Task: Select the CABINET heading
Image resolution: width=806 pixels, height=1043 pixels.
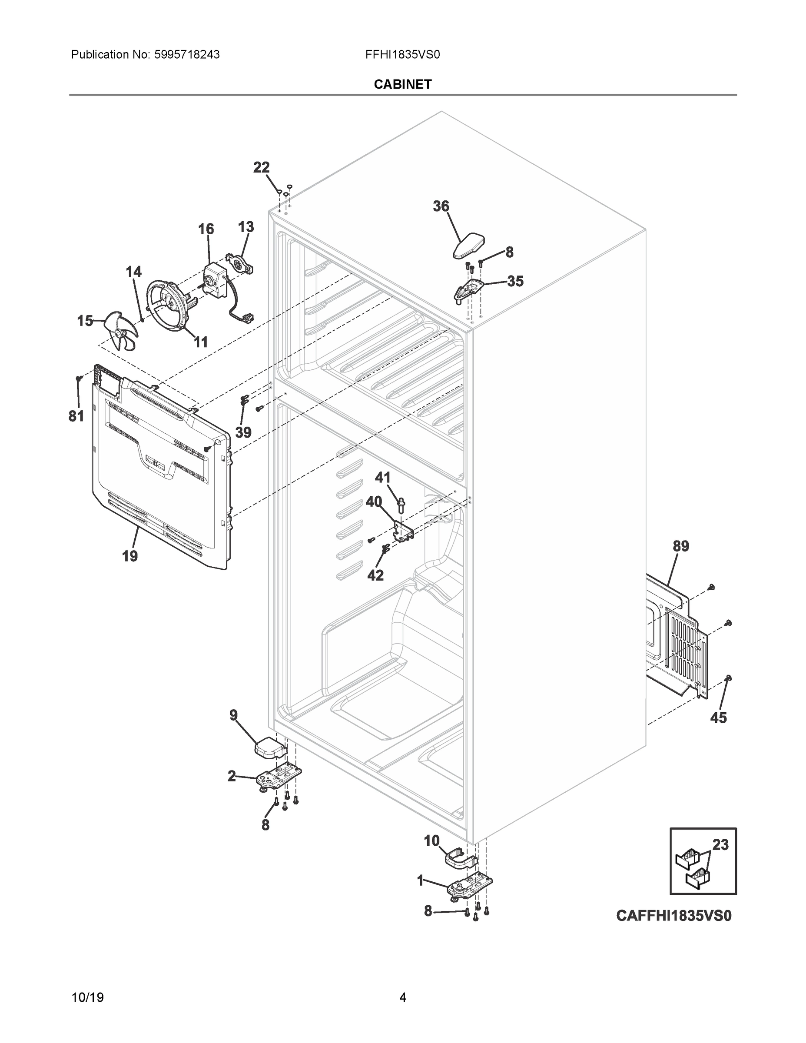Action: click(402, 85)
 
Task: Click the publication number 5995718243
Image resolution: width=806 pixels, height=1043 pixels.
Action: click(187, 55)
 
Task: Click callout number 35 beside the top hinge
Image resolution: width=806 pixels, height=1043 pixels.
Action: click(515, 281)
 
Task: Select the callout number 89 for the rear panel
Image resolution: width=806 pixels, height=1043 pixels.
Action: click(681, 546)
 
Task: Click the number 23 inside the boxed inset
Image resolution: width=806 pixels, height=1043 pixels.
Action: click(720, 845)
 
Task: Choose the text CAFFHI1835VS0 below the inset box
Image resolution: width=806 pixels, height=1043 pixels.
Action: click(673, 916)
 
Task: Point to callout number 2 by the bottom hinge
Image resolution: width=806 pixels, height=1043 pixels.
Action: click(232, 777)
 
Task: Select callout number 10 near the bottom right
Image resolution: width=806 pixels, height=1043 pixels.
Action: click(431, 840)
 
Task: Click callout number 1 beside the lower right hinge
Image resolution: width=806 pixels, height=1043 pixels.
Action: click(420, 880)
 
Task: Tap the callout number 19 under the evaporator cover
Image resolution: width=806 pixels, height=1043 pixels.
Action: click(130, 556)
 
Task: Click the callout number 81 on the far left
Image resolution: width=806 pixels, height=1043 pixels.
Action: click(76, 416)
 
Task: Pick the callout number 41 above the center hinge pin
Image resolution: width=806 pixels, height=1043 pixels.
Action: click(382, 477)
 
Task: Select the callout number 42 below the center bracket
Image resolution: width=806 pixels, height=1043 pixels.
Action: click(375, 575)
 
